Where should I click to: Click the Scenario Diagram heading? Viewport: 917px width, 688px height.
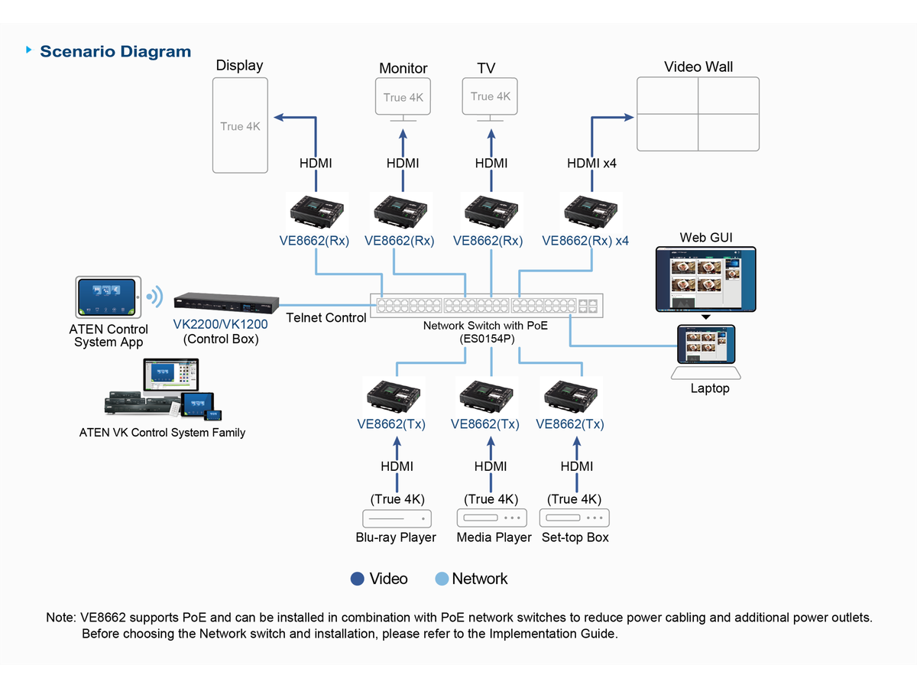tap(115, 52)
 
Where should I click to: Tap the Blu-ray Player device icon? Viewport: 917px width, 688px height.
tap(397, 518)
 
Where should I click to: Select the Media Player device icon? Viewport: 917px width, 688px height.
tap(492, 518)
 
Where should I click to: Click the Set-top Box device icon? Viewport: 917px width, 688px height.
tap(575, 518)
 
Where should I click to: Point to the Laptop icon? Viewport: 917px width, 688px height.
tap(706, 352)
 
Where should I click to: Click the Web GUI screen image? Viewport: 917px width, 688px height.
tap(705, 279)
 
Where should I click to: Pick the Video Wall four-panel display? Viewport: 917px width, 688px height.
tap(698, 114)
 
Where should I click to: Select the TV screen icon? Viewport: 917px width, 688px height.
tap(490, 97)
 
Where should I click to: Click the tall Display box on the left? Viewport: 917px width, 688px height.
tap(240, 125)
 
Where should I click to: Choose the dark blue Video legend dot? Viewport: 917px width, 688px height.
tap(357, 579)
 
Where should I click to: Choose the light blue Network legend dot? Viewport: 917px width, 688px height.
tap(441, 579)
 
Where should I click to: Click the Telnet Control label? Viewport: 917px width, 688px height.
tap(326, 318)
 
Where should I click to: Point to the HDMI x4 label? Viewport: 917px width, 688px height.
tap(591, 163)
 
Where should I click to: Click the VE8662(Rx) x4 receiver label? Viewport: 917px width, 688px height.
tap(585, 241)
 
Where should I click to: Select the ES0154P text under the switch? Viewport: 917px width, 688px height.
tap(485, 338)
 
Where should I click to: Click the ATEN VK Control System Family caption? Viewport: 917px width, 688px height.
tap(162, 433)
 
